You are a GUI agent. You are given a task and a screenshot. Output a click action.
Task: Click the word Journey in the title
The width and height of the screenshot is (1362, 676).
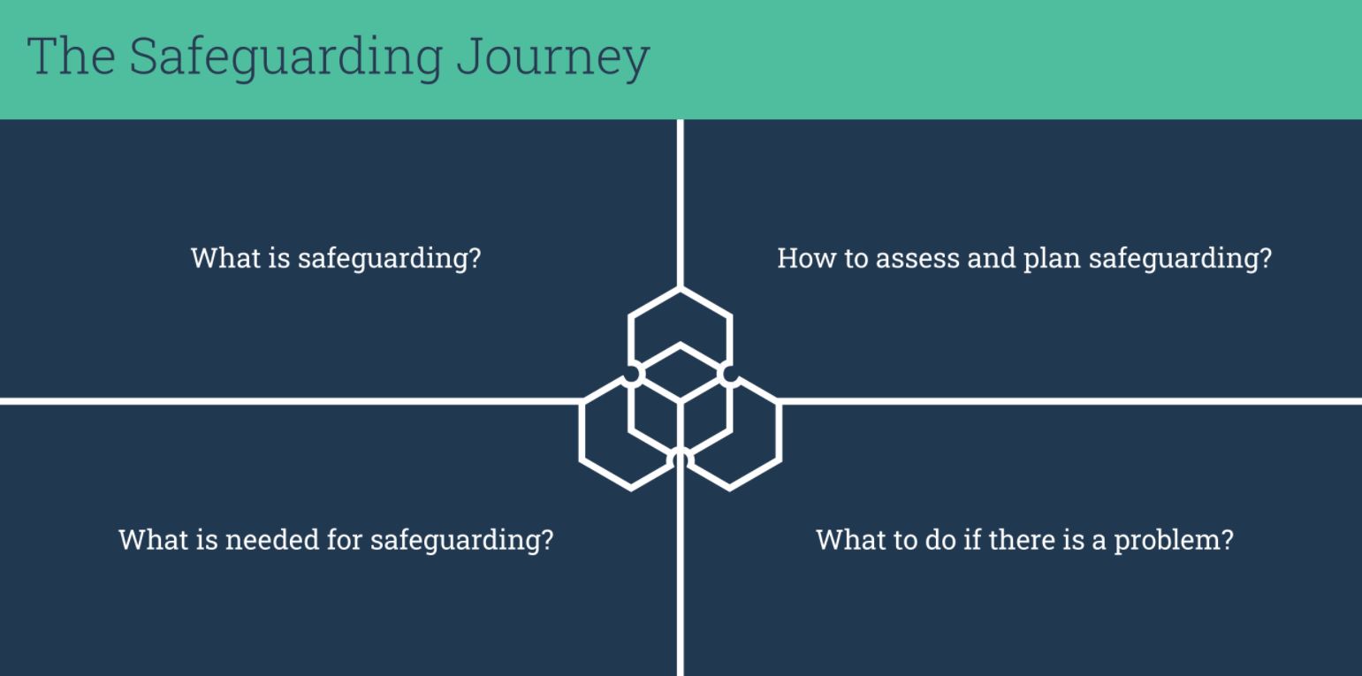(x=553, y=57)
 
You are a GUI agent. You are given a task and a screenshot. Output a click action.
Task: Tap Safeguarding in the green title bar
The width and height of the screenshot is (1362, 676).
(x=285, y=57)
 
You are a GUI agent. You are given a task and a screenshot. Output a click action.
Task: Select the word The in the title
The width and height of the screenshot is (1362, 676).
(x=71, y=56)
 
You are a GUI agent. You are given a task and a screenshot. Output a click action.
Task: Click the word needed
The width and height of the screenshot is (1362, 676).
(x=272, y=540)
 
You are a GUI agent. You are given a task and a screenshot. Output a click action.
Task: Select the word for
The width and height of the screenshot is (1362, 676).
(x=345, y=540)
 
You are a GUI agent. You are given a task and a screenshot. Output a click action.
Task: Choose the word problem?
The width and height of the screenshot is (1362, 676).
(x=1174, y=541)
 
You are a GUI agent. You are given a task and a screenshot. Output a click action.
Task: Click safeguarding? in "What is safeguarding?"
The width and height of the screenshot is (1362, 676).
(x=389, y=260)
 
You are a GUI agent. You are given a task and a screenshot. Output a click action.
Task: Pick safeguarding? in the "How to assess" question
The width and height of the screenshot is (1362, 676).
(x=1180, y=260)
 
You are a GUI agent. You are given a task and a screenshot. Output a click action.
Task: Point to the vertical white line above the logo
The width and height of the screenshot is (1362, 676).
(x=681, y=203)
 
